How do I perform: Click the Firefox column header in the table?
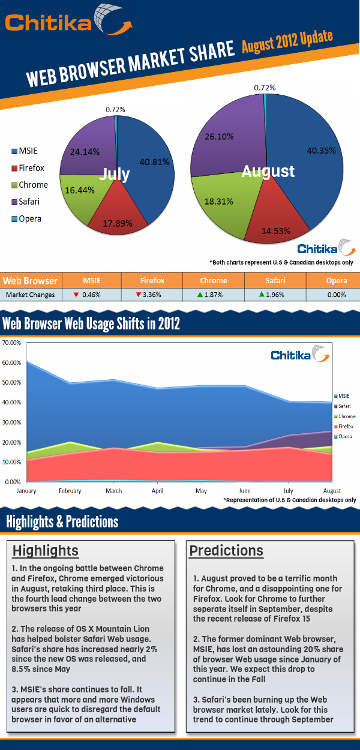(x=152, y=280)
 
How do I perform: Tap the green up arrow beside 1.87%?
(x=200, y=295)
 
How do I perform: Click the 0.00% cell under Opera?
(x=337, y=295)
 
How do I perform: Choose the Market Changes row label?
(x=30, y=295)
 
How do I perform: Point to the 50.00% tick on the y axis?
(x=12, y=382)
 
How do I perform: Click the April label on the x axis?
(x=157, y=491)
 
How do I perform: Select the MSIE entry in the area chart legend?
(x=343, y=396)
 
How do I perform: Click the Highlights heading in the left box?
(x=46, y=550)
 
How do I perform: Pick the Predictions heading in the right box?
(x=226, y=550)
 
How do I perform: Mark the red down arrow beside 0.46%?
(x=76, y=295)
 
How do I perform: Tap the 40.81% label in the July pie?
(x=154, y=161)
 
